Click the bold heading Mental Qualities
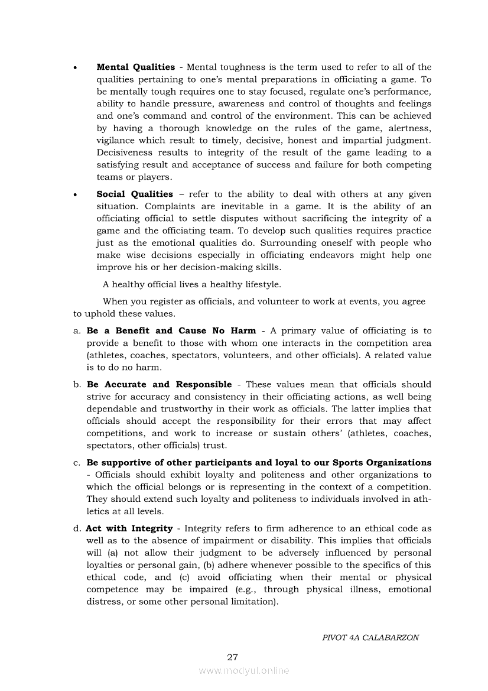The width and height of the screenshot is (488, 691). click(135, 67)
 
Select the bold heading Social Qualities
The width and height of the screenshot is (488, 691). click(135, 194)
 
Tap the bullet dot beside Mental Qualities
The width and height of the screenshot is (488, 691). click(74, 69)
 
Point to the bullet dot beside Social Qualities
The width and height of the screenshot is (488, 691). click(74, 196)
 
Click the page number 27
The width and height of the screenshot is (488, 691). click(232, 657)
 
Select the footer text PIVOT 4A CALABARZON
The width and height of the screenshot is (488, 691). click(370, 638)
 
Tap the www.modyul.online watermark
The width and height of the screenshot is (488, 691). click(244, 671)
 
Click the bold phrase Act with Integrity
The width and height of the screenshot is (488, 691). click(129, 528)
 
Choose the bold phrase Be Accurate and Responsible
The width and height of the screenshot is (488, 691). click(159, 384)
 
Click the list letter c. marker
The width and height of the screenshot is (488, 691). click(77, 463)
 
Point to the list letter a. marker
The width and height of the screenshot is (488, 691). click(77, 331)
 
